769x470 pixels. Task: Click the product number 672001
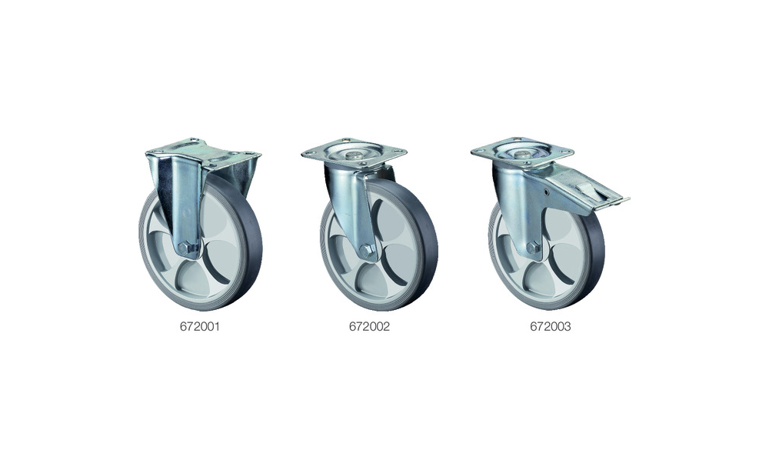point(200,327)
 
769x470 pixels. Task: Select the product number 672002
point(369,327)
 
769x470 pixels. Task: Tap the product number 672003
point(551,327)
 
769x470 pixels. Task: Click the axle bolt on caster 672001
point(185,248)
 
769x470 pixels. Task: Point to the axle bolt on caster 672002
point(366,252)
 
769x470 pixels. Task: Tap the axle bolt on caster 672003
point(533,248)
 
